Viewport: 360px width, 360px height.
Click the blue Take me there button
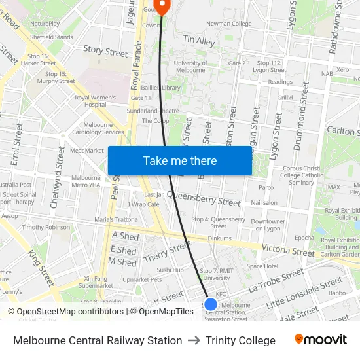click(179, 161)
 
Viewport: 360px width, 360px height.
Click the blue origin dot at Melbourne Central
click(211, 304)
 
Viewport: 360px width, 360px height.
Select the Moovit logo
click(320, 340)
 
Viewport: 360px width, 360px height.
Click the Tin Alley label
click(199, 41)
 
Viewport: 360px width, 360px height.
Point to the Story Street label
click(105, 51)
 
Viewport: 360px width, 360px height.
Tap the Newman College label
click(228, 24)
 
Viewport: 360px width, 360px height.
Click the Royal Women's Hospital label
click(95, 101)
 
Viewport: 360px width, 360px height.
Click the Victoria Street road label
click(288, 251)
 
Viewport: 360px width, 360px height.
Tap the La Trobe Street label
click(276, 280)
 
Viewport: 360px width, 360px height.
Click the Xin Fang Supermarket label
click(96, 282)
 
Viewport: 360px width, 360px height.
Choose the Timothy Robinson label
click(46, 227)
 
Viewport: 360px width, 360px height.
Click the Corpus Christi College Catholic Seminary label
click(301, 175)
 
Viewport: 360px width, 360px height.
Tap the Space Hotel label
click(262, 266)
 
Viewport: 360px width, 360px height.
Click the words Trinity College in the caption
click(240, 340)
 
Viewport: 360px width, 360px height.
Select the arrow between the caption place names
click(194, 340)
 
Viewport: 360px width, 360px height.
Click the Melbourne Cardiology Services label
click(94, 128)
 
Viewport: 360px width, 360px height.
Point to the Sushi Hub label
click(170, 270)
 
